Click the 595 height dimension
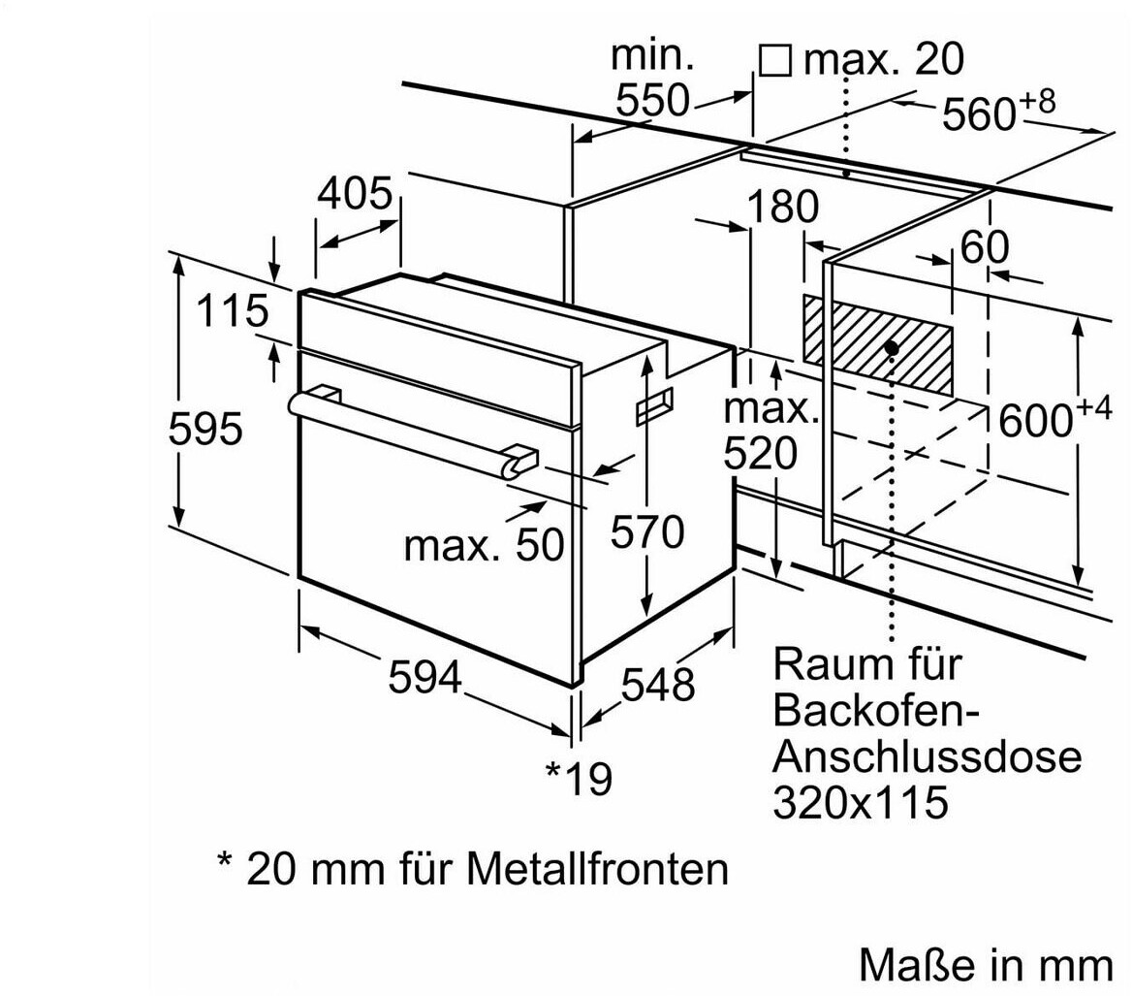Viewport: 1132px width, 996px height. (x=205, y=429)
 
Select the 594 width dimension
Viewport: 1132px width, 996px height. (x=425, y=678)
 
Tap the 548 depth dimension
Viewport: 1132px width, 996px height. (x=658, y=684)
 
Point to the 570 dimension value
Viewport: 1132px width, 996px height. (x=647, y=532)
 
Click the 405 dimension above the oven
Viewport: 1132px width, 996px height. (x=355, y=193)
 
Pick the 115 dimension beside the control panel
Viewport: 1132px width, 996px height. (x=232, y=310)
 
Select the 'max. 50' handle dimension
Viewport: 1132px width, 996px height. (x=484, y=545)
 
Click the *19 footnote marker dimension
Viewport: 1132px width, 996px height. (x=579, y=778)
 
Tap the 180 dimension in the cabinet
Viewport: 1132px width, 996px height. (x=782, y=207)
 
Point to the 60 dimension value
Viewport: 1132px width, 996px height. (x=985, y=247)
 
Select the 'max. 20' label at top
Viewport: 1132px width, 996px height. (x=884, y=58)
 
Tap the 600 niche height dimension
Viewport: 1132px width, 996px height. (x=1054, y=417)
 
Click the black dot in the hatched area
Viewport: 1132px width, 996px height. (x=892, y=348)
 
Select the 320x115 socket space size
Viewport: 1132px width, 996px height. (x=860, y=802)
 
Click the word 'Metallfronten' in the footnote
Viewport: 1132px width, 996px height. (x=597, y=868)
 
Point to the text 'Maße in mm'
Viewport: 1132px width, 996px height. (x=987, y=964)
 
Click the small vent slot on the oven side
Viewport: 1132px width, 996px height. (x=654, y=406)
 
